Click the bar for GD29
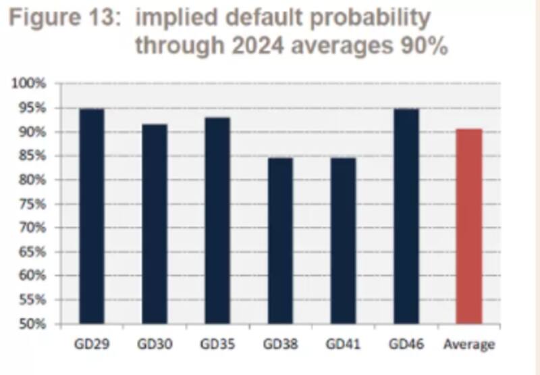(x=92, y=216)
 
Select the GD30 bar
(x=155, y=224)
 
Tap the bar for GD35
(x=217, y=220)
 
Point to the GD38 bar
(x=280, y=241)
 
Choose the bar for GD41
(x=343, y=241)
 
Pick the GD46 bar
(x=406, y=216)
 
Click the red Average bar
(x=468, y=226)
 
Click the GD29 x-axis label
(x=92, y=345)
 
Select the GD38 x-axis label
(x=280, y=345)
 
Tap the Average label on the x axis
(x=468, y=345)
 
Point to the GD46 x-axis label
(x=406, y=345)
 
